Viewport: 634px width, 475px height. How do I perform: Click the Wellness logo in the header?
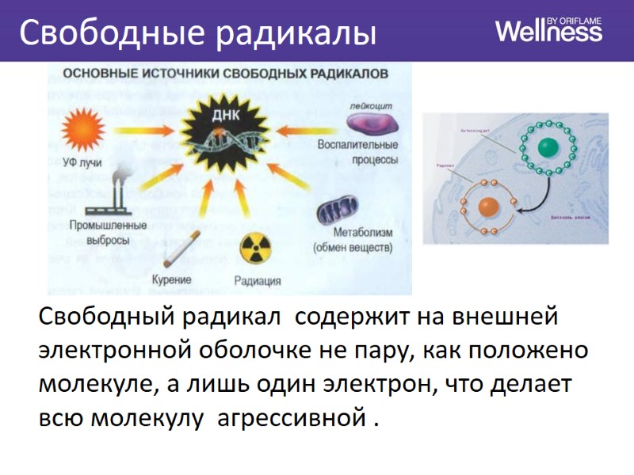coord(548,30)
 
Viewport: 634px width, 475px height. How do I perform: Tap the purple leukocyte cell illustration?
coord(370,123)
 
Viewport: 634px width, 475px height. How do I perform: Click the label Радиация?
coord(258,279)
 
